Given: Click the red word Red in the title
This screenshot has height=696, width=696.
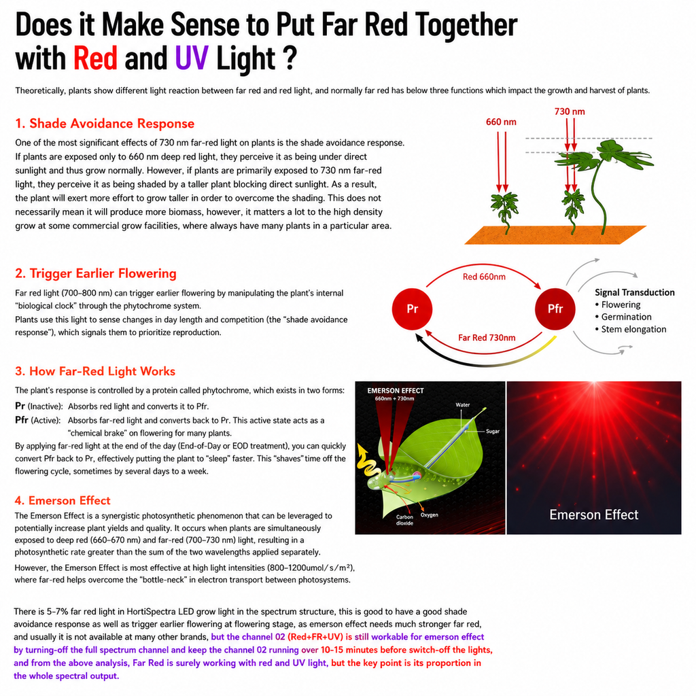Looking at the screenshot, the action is [95, 58].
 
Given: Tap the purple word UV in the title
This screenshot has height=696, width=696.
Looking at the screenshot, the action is [192, 58].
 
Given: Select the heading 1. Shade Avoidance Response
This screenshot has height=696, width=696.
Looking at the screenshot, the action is [105, 124].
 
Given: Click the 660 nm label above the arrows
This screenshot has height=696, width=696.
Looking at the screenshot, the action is [501, 122].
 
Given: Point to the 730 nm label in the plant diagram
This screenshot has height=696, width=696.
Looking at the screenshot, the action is [570, 111].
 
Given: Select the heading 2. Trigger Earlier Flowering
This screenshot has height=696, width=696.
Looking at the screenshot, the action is [96, 273].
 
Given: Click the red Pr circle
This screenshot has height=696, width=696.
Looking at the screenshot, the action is [413, 309].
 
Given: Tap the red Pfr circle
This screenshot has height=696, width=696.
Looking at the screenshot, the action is [555, 309].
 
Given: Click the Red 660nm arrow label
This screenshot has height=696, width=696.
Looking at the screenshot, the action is [484, 277].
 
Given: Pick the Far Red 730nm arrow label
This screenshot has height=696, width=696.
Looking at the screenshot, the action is [487, 338].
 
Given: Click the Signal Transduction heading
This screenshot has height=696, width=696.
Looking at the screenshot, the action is [635, 292].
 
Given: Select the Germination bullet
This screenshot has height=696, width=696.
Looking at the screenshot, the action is [623, 317].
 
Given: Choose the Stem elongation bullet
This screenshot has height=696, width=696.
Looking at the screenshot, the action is [631, 330].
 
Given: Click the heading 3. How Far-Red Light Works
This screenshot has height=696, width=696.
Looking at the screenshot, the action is [95, 371].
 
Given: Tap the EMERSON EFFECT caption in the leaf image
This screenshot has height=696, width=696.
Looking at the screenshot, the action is [396, 391].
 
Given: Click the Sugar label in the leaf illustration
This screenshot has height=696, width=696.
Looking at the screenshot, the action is [493, 431].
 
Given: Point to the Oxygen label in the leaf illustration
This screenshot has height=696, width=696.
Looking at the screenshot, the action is [430, 515].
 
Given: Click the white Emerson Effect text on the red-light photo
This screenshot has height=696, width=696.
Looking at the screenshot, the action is [594, 515].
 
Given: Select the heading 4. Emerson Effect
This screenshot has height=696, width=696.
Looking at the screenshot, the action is [63, 501].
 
